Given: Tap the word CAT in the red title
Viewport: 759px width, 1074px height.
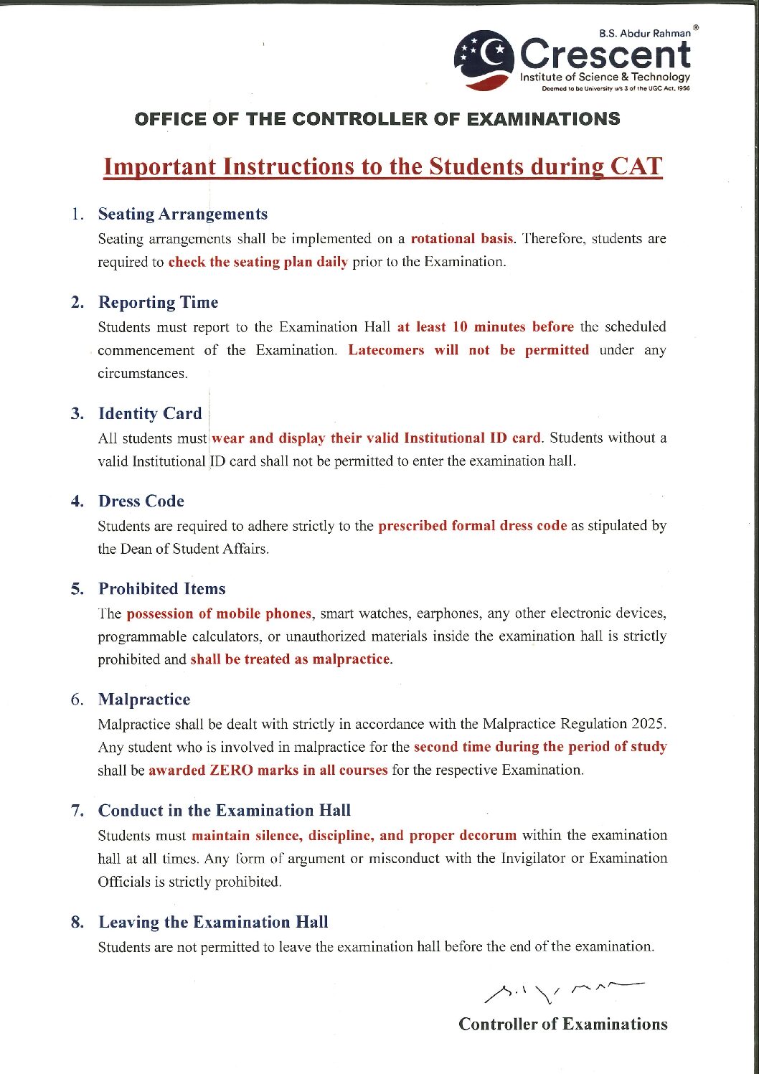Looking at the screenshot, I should [636, 166].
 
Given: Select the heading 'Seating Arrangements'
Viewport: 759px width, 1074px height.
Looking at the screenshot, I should [183, 214].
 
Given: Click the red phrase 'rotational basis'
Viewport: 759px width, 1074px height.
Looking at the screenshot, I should [462, 238].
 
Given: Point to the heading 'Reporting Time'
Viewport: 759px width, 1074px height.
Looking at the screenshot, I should [159, 302].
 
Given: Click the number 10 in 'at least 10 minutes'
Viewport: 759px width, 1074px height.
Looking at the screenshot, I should [460, 326].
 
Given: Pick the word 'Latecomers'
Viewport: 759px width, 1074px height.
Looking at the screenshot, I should [386, 350].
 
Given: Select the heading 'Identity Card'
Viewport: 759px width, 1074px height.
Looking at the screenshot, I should [150, 413].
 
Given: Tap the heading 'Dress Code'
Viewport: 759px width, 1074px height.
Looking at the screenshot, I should [141, 501].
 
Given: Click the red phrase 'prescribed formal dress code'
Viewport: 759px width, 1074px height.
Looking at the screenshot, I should [472, 525].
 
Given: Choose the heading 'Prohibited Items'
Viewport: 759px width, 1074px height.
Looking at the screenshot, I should [162, 588].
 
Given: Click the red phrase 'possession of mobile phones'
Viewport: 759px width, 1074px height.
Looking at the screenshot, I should [219, 613].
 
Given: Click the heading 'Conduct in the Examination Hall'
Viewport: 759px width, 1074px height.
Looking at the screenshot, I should [225, 810].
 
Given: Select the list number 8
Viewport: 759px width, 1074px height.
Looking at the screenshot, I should [77, 922].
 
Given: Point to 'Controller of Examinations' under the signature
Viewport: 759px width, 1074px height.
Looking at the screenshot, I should [563, 1024].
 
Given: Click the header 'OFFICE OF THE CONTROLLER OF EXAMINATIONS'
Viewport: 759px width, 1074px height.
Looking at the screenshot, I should [377, 119].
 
